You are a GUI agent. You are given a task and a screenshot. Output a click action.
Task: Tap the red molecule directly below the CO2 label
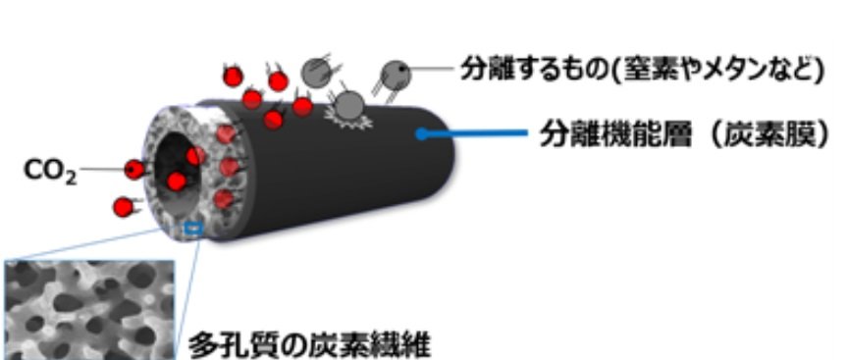[122, 207]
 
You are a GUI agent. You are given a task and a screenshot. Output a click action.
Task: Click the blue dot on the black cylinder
[422, 134]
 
